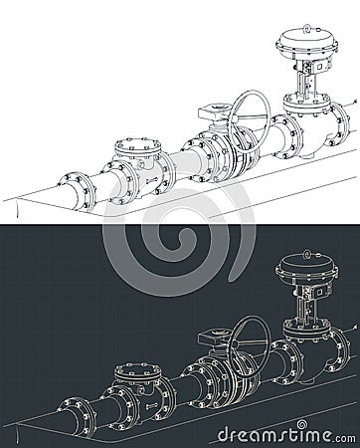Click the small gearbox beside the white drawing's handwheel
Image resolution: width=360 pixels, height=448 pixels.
(x=212, y=110)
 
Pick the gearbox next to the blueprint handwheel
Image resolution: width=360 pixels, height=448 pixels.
(x=212, y=335)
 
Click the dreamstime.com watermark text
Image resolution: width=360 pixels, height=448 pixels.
(x=287, y=434)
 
